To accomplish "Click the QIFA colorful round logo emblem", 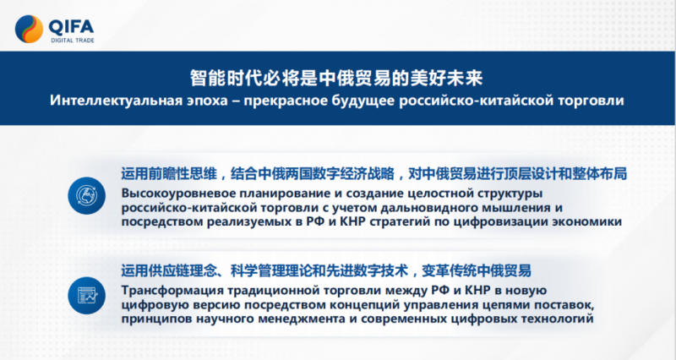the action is [29, 29].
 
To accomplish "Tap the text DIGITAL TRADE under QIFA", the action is [73, 41].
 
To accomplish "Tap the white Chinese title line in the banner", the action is [336, 78].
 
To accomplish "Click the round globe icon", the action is [87, 196].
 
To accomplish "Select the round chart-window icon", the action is [87, 295].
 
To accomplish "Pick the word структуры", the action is [509, 194].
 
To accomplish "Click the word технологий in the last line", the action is [558, 319].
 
